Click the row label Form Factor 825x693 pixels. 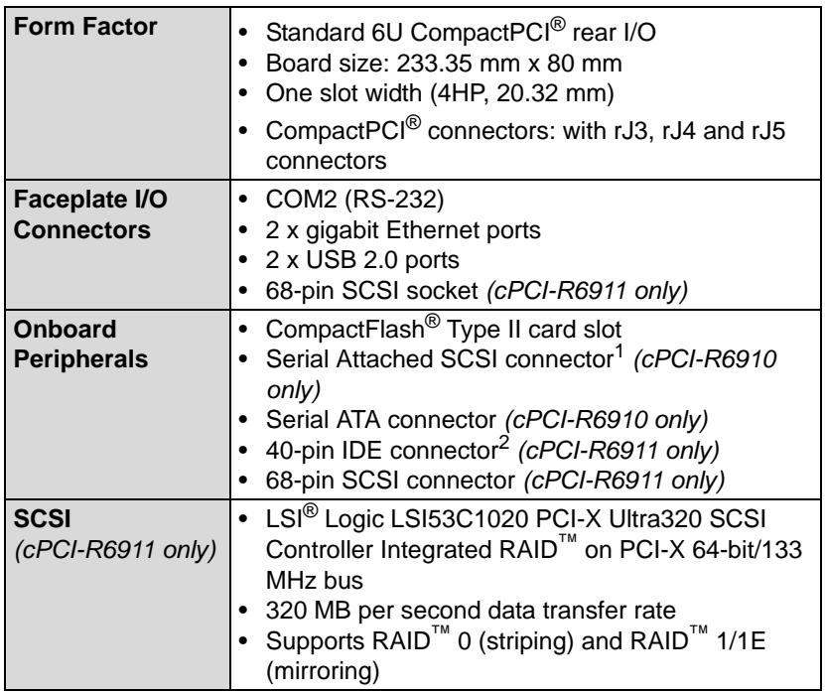(85, 26)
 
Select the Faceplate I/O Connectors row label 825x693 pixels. (90, 214)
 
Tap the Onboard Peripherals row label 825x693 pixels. (81, 345)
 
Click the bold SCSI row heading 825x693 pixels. (42, 519)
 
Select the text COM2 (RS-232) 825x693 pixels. (355, 200)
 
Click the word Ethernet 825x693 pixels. (433, 230)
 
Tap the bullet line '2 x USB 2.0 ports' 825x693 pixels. (362, 260)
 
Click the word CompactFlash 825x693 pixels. (345, 330)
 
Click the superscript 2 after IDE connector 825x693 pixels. (503, 443)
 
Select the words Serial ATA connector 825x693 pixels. (381, 420)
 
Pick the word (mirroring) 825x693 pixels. (323, 672)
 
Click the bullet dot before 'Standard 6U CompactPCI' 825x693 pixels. (243, 33)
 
